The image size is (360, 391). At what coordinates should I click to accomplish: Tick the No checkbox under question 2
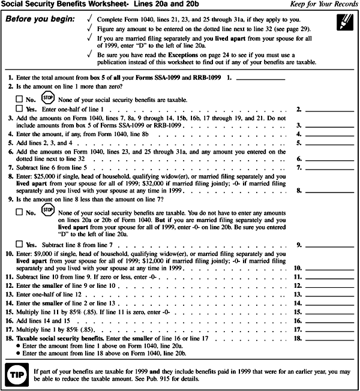[x=19, y=99]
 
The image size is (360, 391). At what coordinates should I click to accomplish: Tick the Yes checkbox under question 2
[x=19, y=109]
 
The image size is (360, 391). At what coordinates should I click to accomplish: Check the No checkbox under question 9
[x=19, y=212]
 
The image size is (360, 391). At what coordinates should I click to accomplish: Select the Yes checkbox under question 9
[x=19, y=245]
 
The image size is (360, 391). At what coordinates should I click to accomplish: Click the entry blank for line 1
[x=261, y=79]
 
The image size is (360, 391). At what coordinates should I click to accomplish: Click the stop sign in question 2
[x=47, y=97]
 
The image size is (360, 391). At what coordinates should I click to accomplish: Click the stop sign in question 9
[x=47, y=210]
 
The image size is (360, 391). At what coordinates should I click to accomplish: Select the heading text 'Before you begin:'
[x=41, y=19]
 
